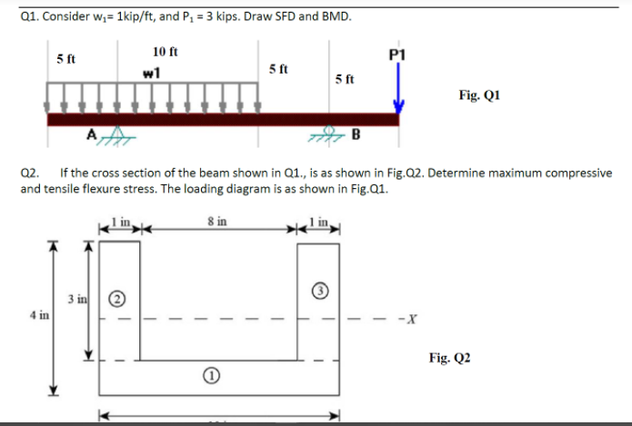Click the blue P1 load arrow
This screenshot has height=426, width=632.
point(397,86)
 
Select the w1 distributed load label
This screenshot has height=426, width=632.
point(152,73)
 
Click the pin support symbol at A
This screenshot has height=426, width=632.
point(110,134)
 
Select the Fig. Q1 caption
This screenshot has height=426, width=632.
point(479,94)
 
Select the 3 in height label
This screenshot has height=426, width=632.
point(75,298)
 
